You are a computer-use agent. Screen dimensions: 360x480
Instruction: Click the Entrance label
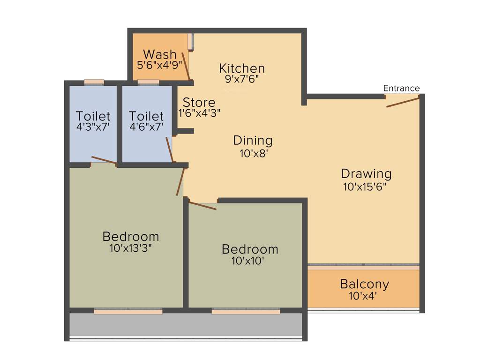(401, 88)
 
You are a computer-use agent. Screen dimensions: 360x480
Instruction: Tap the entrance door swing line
(402, 102)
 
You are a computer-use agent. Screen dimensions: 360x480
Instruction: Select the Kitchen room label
(242, 68)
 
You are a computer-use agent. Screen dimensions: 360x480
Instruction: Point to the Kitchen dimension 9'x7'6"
(242, 79)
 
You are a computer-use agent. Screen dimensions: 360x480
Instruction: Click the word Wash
(160, 54)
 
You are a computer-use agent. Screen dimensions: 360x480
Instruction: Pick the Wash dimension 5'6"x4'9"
(159, 65)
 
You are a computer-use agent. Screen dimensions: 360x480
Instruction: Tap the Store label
(199, 102)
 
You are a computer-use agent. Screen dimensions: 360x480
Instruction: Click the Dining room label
(253, 140)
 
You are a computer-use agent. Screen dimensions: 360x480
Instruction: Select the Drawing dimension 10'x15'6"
(366, 186)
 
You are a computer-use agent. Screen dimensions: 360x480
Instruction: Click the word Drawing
(366, 173)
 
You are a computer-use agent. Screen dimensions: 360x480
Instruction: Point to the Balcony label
(364, 284)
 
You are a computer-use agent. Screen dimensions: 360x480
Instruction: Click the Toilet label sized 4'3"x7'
(93, 115)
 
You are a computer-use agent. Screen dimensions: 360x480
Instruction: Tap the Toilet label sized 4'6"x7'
(146, 115)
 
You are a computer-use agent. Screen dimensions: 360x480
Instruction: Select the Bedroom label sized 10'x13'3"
(131, 236)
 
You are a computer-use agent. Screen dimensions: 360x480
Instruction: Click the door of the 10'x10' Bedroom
(202, 205)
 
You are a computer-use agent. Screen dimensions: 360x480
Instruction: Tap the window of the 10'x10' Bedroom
(246, 311)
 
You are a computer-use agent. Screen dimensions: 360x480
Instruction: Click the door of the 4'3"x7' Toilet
(104, 160)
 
